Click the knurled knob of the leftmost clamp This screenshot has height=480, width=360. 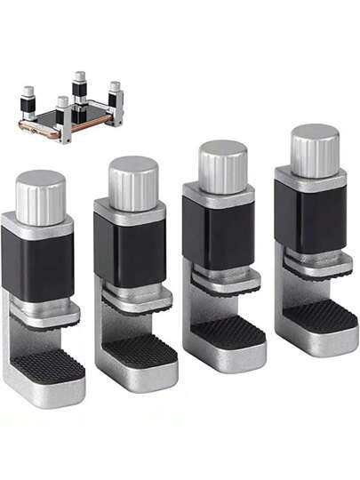point(40,196)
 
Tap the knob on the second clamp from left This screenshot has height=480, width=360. point(133,183)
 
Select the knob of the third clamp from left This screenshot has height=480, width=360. point(222,167)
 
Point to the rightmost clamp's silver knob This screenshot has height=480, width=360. point(316,150)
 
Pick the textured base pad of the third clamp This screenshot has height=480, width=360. point(230,332)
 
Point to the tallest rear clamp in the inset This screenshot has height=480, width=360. point(80,89)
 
